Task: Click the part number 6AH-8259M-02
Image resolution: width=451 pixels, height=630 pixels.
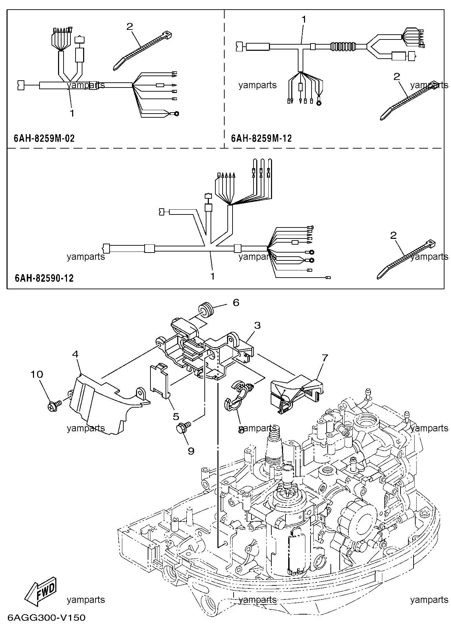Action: click(44, 138)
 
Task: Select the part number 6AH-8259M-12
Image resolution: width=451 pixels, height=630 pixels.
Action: click(261, 138)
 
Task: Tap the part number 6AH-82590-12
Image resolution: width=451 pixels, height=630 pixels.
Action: click(44, 278)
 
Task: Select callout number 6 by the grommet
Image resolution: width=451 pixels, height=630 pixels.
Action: click(236, 302)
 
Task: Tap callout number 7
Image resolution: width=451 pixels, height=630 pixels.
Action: click(325, 358)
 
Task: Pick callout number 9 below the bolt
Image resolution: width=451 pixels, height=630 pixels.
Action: click(191, 451)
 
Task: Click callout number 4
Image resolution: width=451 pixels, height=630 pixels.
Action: click(76, 354)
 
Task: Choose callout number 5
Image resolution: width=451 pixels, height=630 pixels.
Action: click(176, 416)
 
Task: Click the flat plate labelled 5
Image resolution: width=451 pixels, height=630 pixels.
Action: click(160, 381)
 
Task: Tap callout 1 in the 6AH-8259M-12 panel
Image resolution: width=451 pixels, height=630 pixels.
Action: click(303, 20)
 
